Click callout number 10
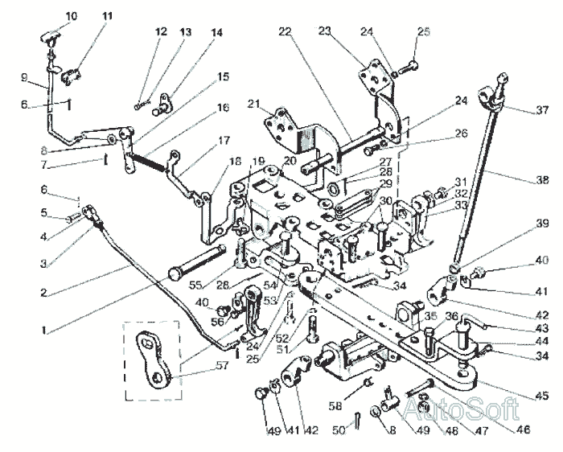(72, 17)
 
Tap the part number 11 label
(107, 17)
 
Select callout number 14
(216, 33)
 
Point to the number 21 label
(253, 104)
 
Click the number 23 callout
(324, 31)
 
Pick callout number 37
(542, 109)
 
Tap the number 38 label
(542, 179)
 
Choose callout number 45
(542, 396)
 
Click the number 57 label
(222, 365)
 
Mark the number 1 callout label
(43, 330)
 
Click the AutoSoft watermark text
(462, 409)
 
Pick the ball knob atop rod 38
(503, 78)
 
